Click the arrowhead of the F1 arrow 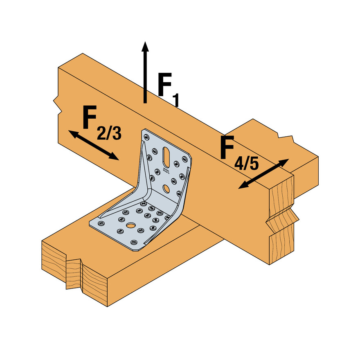144,46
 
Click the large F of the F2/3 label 91,118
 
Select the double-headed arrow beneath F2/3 93,145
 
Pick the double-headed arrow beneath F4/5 264,174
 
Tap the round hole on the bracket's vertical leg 166,189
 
